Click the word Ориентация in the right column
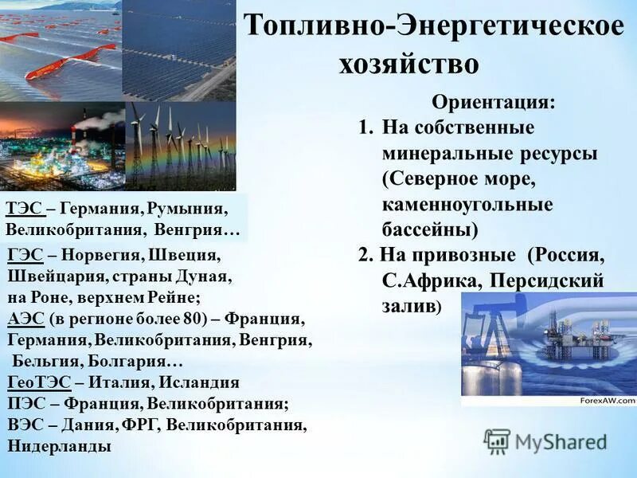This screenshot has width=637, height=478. click(x=494, y=103)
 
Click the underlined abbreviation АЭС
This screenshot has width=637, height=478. click(x=25, y=319)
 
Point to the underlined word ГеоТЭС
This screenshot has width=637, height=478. click(x=39, y=382)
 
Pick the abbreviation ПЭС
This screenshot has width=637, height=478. click(x=26, y=403)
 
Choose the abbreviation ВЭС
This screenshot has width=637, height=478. click(x=25, y=425)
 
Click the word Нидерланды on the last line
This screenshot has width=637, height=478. click(x=60, y=445)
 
